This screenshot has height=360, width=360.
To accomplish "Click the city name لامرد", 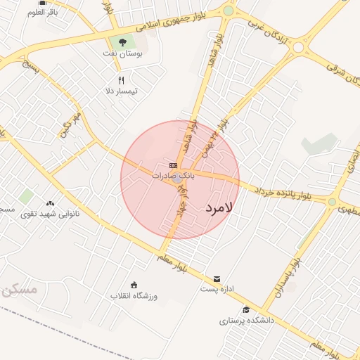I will pos(221,208).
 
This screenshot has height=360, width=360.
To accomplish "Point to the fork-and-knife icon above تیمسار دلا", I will pos(121,80).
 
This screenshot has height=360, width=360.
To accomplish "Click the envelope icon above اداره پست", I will pos(217,278).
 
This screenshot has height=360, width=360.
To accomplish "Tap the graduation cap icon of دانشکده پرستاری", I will pos(245,310).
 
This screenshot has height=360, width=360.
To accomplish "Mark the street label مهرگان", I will pos(72,122).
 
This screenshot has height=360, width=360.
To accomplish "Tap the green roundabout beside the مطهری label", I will pos(332,202).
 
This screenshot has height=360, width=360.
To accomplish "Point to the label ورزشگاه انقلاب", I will pos(134,296).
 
